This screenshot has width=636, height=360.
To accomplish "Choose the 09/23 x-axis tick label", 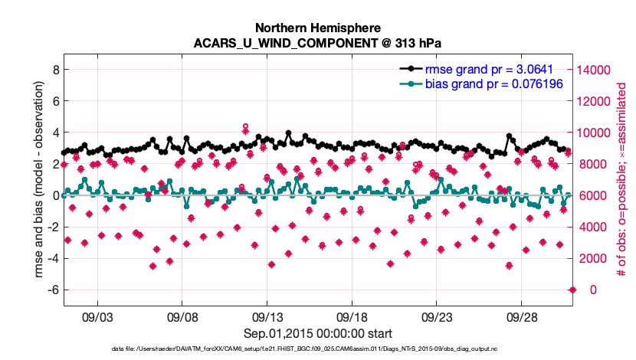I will pyautogui.click(x=437, y=316).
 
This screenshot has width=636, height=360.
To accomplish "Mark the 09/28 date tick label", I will pyautogui.click(x=522, y=316).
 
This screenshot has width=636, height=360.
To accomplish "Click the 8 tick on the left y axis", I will pyautogui.click(x=54, y=69).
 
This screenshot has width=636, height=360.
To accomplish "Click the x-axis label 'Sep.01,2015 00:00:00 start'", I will pyautogui.click(x=318, y=333).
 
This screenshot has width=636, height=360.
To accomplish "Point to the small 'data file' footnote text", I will pyautogui.click(x=318, y=349).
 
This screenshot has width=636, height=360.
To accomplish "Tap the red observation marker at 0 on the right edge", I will pyautogui.click(x=572, y=290).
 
